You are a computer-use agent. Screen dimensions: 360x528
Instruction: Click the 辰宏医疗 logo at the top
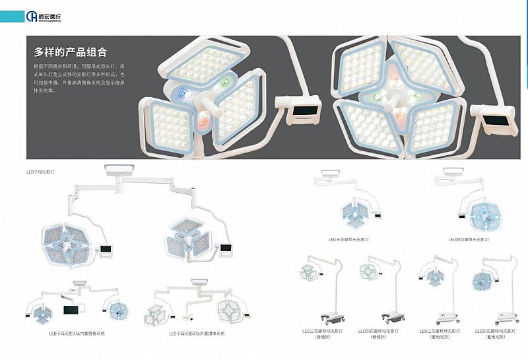[x=45, y=16]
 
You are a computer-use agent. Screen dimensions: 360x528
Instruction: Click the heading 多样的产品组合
[x=71, y=52]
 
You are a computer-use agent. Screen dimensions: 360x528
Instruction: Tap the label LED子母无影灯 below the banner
[x=40, y=172]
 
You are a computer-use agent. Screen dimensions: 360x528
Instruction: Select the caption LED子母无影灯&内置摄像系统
[x=77, y=334]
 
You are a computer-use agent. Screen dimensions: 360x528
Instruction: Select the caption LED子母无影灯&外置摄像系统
[x=197, y=334]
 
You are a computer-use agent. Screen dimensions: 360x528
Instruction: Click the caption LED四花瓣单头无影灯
[x=469, y=239]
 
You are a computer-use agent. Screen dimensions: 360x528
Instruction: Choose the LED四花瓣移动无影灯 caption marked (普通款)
[x=378, y=333]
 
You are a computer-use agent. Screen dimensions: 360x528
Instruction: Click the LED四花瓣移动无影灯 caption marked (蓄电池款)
[x=493, y=333]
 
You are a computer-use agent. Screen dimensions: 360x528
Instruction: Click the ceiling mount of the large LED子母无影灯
[x=120, y=170]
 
